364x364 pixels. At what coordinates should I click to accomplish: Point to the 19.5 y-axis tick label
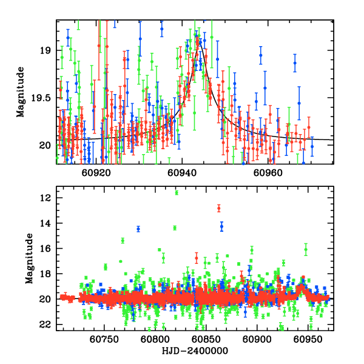click(x=42, y=98)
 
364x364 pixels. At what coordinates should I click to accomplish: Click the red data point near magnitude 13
click(x=219, y=208)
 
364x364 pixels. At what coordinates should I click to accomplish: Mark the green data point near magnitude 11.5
click(x=177, y=192)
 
